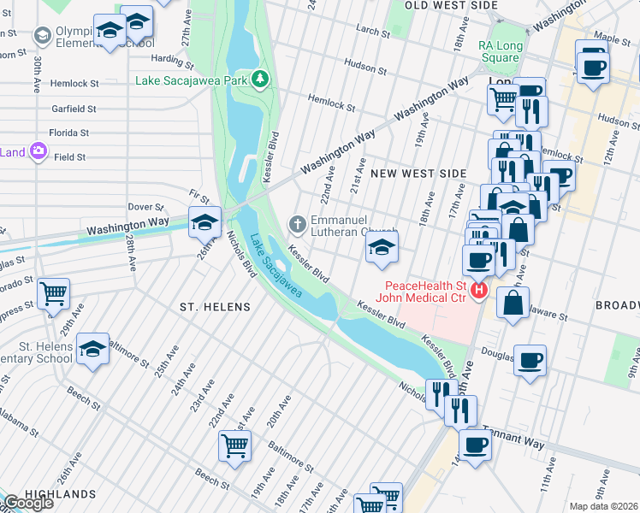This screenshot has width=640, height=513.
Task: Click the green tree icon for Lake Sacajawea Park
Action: coord(260,80)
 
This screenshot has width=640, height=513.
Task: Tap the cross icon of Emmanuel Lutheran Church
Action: coord(297,225)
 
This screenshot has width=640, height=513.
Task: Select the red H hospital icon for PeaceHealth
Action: coord(479,292)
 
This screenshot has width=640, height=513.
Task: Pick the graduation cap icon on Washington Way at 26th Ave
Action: coord(204,222)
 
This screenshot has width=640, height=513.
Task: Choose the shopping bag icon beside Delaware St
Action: coord(512,304)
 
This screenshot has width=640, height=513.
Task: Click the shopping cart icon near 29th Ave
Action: coord(53,293)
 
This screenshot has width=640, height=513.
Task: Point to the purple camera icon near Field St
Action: coord(38,152)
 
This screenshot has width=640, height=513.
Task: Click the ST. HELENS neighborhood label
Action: coord(215,307)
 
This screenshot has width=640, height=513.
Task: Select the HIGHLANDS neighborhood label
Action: coord(60,494)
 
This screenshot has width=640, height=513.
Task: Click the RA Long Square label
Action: coord(500,51)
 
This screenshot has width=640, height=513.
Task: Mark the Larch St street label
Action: coord(372,30)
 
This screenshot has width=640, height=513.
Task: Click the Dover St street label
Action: coord(145,207)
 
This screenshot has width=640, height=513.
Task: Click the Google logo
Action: coord(28,503)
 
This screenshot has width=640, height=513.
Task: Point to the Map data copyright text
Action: coord(603,506)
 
